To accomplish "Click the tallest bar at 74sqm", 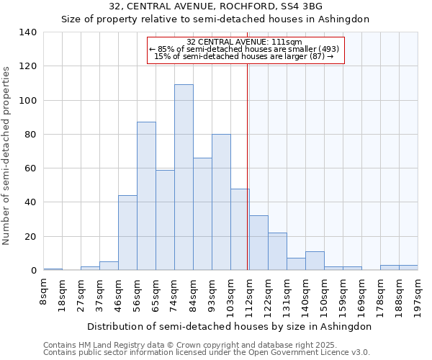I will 184,177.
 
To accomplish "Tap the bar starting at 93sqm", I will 221,202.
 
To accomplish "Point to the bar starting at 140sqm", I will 315,261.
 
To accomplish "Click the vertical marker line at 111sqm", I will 247,166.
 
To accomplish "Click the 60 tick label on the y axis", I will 31,168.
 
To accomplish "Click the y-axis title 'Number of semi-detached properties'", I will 7,155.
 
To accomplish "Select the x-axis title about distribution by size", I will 230,326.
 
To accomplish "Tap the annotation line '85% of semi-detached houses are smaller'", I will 244,49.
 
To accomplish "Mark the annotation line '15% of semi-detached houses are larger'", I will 244,56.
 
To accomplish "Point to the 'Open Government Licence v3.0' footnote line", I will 207,352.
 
